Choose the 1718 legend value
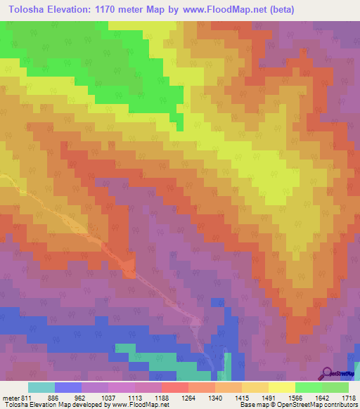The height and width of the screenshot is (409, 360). pos(347,397)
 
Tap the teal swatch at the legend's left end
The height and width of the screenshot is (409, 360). pos(41,387)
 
